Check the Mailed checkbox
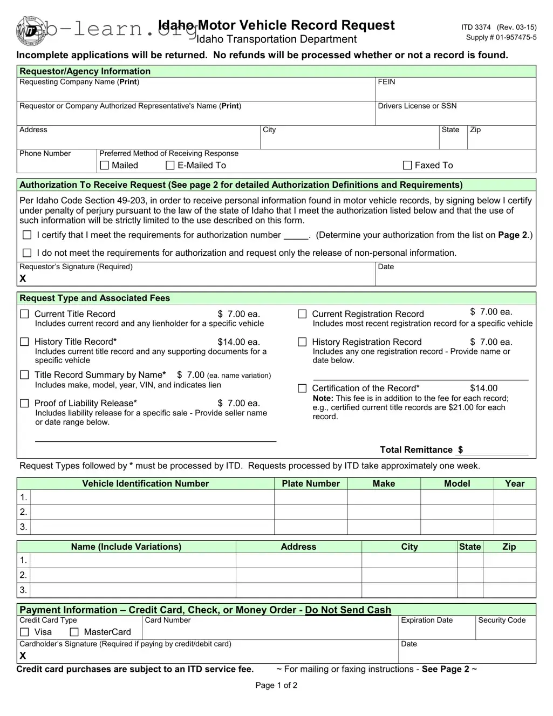point(105,165)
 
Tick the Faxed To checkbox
point(408,165)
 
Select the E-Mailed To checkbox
point(170,165)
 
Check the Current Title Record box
point(24,314)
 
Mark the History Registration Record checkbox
point(302,342)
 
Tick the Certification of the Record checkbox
point(302,388)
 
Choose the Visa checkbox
point(24,632)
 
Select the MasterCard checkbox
point(74,632)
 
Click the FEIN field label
point(386,82)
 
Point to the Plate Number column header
point(311,483)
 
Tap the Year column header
point(515,483)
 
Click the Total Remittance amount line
point(496,450)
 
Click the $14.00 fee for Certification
point(483,388)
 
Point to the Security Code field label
point(502,620)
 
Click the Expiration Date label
point(427,620)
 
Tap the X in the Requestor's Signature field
point(23,278)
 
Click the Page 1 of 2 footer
point(276,685)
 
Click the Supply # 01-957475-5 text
point(501,38)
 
